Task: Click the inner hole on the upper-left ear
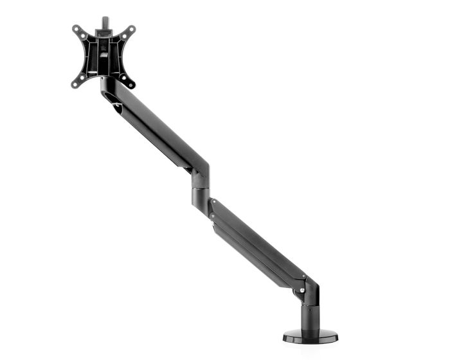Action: pyautogui.click(x=84, y=36)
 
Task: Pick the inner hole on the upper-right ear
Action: pyautogui.click(x=124, y=36)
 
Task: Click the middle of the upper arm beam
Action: pyautogui.click(x=154, y=129)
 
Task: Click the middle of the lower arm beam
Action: pyautogui.click(x=257, y=241)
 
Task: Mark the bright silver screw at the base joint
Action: pyautogui.click(x=302, y=291)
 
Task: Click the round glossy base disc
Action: pyautogui.click(x=311, y=335)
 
